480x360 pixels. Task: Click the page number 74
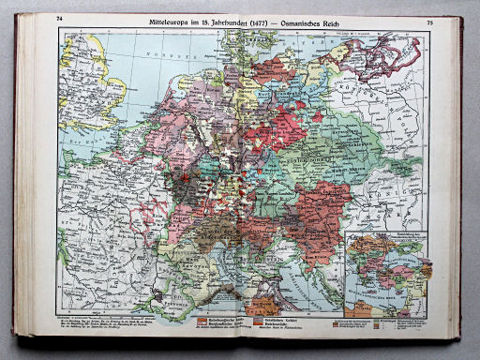click(x=60, y=20)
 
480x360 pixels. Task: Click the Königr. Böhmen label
click(x=281, y=159)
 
